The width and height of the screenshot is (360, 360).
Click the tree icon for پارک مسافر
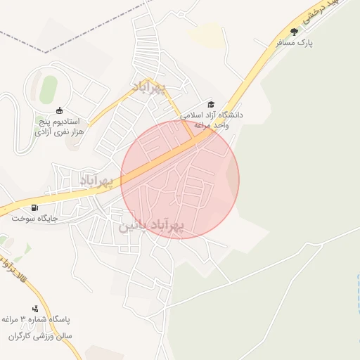point(294,32)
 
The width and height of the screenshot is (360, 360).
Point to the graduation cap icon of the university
point(209,104)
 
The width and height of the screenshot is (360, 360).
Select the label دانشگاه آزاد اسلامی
point(212,114)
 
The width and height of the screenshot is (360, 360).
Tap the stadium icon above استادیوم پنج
point(59,110)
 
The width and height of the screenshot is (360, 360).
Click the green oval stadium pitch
point(47,90)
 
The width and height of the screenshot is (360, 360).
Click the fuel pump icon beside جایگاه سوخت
point(35,208)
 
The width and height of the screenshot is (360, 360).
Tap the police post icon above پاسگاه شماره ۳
point(35,309)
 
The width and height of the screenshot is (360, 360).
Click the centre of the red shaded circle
point(180,180)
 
